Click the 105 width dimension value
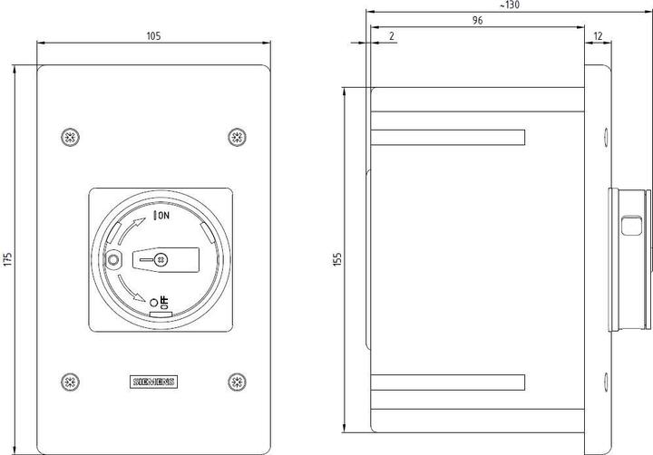(153, 36)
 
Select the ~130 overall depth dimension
(510, 5)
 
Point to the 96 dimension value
(477, 20)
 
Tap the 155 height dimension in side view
(338, 259)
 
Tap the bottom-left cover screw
(69, 381)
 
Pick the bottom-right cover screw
(237, 381)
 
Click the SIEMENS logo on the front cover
(153, 382)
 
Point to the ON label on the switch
(163, 216)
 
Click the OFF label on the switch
(164, 302)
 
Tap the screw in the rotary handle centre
(161, 260)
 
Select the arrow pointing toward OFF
(133, 298)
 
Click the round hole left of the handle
(112, 261)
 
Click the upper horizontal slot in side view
(449, 137)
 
